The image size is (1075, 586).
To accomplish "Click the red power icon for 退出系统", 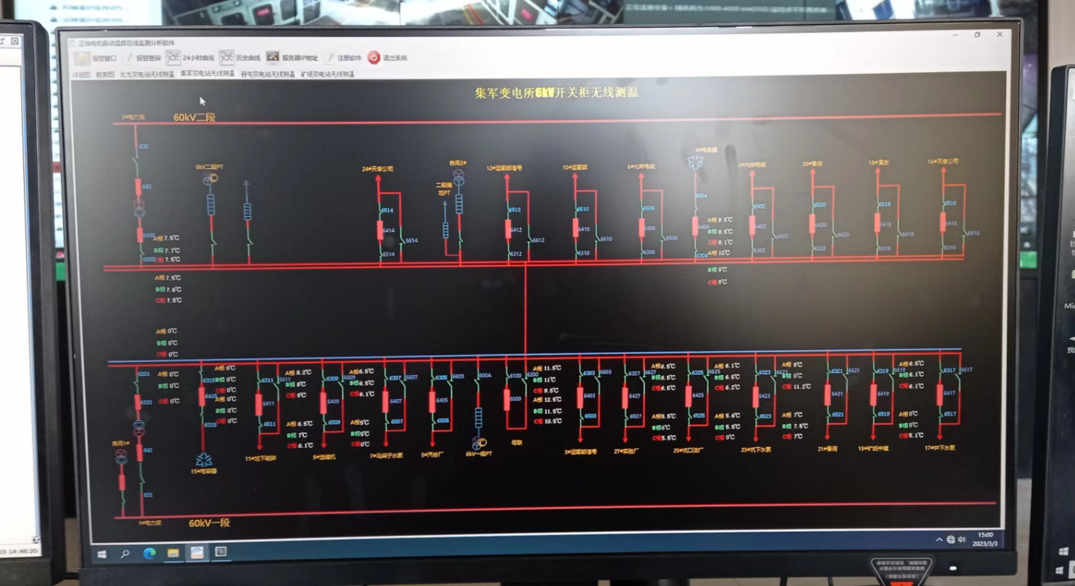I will pos(374,57).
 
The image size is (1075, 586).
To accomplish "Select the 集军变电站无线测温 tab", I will pos(207,73).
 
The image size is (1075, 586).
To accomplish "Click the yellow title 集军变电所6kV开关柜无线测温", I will pos(556,92).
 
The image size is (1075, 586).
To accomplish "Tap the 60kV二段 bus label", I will pos(194,117).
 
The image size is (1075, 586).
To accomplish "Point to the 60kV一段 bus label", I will pos(209,523).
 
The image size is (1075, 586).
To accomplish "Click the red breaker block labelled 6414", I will pos(380,230).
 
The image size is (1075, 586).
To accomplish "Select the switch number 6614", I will pos(411,240).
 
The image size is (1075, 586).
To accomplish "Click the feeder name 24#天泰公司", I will pos(377,169).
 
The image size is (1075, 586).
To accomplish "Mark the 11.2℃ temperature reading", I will pos(801,386).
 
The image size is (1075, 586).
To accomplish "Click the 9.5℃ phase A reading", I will pos(724,220).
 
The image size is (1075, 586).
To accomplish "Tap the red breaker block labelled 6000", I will pos(507,399).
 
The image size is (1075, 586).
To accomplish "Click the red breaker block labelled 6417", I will pos(939,393).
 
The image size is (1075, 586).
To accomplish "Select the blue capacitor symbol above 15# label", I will pos(204,459).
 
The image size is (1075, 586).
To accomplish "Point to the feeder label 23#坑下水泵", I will pos(756,450).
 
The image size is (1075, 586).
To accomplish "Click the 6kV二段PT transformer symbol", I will pos(210,178).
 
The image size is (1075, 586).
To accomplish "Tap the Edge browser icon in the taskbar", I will pos(149,553).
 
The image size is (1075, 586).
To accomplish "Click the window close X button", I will pos(999,34).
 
